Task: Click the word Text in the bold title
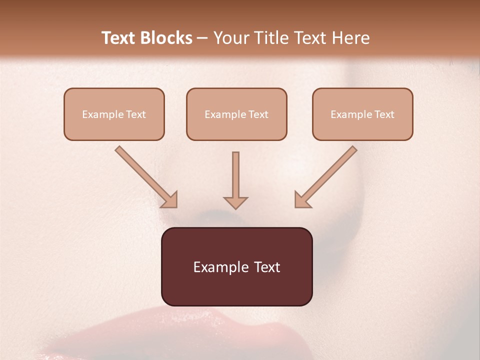click(118, 38)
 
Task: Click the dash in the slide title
click(202, 38)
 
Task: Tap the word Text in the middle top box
click(258, 114)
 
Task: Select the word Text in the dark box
click(267, 267)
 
